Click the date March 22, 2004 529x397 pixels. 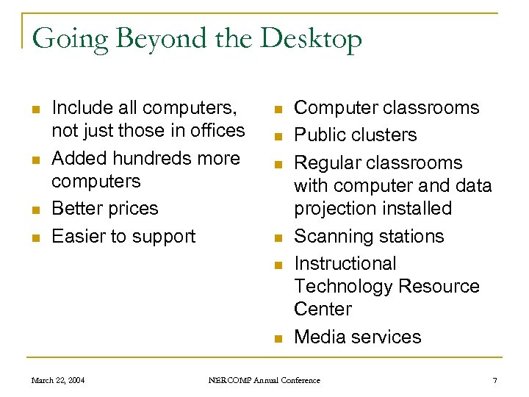57,380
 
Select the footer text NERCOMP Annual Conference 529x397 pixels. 264,380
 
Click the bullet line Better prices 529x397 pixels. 105,208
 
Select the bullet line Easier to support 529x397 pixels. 123,236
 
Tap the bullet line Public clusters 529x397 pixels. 355,135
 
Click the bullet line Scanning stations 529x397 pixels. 369,236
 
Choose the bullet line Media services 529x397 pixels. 357,337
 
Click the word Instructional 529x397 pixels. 345,263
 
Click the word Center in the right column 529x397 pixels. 323,309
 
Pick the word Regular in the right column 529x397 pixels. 326,162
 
